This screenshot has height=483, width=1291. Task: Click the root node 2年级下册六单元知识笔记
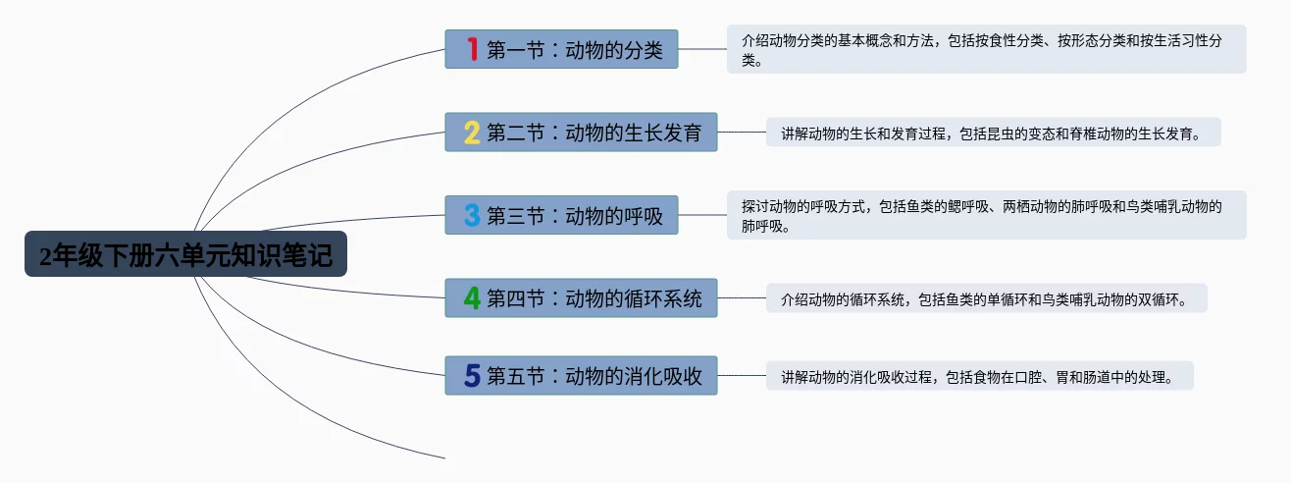point(185,254)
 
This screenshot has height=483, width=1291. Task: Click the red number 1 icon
point(472,49)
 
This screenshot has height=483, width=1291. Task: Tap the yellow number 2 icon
point(472,132)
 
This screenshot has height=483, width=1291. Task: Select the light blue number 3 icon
point(472,215)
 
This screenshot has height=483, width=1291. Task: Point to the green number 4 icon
point(472,297)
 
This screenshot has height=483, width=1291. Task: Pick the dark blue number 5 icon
point(472,375)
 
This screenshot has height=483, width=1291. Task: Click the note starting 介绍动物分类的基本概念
point(986,49)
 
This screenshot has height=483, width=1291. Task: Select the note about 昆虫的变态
point(993,132)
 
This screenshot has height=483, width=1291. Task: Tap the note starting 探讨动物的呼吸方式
point(986,215)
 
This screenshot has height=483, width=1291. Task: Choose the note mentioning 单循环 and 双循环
point(986,297)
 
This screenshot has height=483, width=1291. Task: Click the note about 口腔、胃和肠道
point(979,375)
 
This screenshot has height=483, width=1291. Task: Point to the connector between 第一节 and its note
point(702,49)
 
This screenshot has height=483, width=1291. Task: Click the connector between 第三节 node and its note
point(702,215)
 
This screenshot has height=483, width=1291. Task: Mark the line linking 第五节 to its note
point(742,375)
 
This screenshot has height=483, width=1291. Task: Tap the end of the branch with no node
point(443,457)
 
